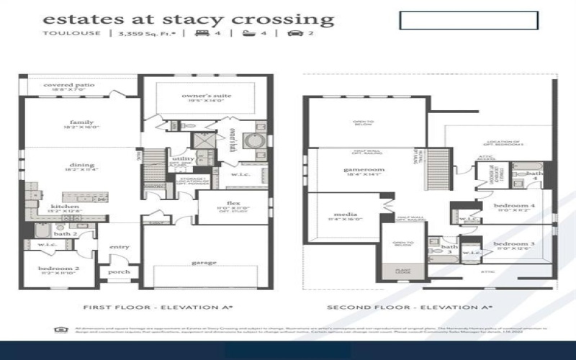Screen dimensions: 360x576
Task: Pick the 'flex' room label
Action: click(x=233, y=203)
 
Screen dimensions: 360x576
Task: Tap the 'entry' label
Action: click(x=120, y=247)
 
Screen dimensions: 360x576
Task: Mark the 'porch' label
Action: click(x=119, y=272)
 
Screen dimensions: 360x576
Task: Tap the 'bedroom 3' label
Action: click(x=513, y=245)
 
